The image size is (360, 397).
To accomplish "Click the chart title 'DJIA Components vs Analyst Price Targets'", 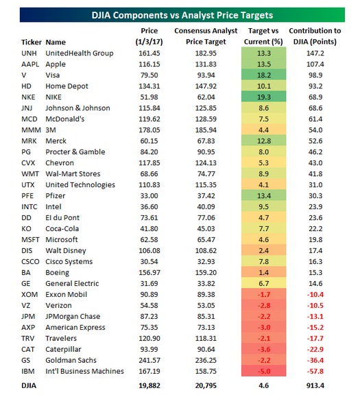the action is [182, 15].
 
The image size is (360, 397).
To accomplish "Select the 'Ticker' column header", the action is [31, 42].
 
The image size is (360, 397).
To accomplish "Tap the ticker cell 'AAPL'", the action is [30, 64].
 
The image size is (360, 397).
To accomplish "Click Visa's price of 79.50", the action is [149, 75].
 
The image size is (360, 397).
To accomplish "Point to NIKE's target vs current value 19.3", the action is [264, 97].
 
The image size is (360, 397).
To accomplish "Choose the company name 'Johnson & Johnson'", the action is [77, 108].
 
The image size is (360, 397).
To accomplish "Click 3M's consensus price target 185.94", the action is [206, 130].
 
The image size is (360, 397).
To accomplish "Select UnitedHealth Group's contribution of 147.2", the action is [315, 53].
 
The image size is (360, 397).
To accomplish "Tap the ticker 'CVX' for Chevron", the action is [28, 163].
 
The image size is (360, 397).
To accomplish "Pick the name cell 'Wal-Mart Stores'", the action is [73, 173].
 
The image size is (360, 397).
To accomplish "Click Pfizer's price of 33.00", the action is [149, 195].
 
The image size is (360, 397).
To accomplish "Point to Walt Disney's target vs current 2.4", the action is [264, 251].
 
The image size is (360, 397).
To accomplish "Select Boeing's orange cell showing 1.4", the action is [264, 272].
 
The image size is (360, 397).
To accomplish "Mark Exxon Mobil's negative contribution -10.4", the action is [315, 294].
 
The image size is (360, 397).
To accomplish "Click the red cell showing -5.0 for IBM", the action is [264, 371].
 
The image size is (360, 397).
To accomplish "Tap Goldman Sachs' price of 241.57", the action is [149, 360].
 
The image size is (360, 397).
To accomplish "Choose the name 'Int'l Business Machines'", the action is [84, 371].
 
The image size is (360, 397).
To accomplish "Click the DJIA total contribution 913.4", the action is [315, 385].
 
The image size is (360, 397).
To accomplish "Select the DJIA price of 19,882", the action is [149, 385].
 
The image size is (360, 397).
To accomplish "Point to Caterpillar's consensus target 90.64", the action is [206, 350].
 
